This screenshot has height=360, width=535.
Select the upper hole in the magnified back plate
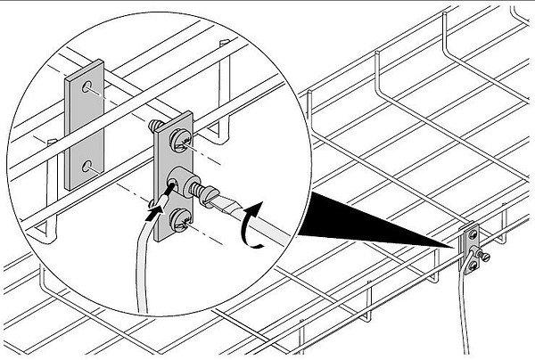86,89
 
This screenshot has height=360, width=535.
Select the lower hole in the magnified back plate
86,165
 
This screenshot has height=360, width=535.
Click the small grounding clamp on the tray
470,249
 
